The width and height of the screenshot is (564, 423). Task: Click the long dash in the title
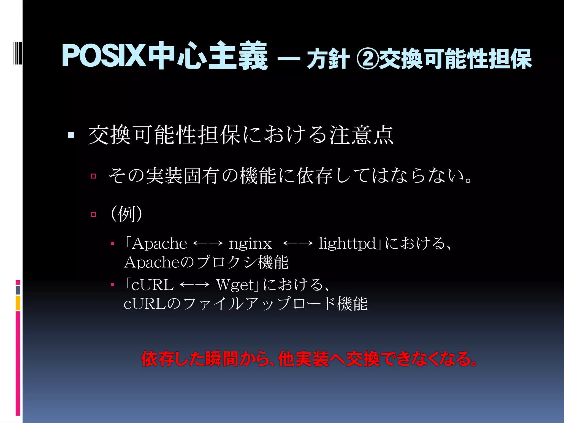coord(289,58)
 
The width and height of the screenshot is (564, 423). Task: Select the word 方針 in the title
coord(328,59)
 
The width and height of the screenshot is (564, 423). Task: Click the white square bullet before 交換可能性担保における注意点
coord(71,135)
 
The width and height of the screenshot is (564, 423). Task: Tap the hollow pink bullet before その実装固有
coord(93,176)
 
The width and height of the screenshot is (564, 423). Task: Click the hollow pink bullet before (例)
coord(93,214)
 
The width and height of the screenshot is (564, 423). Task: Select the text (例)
coord(126,214)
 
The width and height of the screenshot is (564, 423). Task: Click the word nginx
coord(250,244)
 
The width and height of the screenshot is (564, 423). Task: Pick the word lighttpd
coord(347,244)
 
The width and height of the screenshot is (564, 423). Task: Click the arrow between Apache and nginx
coord(208,243)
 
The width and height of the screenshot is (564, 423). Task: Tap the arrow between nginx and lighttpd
coord(298,243)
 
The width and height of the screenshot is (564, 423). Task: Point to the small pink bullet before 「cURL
coord(112,285)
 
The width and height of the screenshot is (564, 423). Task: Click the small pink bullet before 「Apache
coord(112,243)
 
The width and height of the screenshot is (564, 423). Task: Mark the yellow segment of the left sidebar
coord(18,303)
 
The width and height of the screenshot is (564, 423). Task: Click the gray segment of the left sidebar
coord(18,290)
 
